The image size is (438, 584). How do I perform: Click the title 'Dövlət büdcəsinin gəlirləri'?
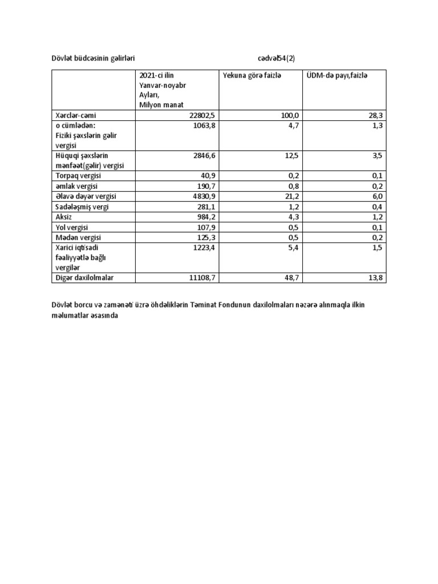pos(93,58)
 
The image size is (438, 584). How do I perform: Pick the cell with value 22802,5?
pos(202,115)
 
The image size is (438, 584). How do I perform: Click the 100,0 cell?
pos(290,115)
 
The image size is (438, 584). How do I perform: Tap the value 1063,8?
pos(204,125)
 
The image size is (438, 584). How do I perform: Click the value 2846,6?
pos(204,155)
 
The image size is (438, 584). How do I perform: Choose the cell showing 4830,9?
pos(204,196)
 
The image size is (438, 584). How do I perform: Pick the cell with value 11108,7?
pos(202,277)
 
